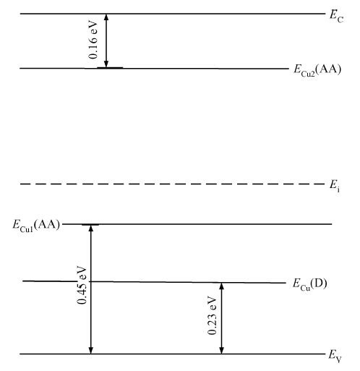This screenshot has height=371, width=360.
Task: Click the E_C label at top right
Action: tap(336, 17)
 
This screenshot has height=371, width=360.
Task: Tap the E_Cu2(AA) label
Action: tap(317, 70)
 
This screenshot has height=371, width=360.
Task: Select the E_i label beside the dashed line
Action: tap(335, 186)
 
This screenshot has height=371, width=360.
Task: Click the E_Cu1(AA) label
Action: tap(36, 226)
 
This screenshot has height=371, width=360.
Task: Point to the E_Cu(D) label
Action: tap(310, 284)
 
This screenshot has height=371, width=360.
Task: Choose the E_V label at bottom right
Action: tap(335, 357)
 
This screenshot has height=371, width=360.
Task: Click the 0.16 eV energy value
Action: tap(93, 40)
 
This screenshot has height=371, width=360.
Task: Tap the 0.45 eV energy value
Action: tap(82, 285)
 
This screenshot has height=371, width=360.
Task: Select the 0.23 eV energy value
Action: tap(212, 316)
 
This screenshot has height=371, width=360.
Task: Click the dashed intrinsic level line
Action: tap(173, 184)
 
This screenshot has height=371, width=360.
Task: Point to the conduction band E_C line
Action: tap(173, 14)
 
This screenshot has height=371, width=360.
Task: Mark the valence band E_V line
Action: tap(173, 354)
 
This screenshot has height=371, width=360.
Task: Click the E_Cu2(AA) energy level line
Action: tap(154, 69)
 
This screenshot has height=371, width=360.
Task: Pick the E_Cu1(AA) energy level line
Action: tap(197, 224)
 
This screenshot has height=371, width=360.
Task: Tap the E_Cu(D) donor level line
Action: tap(154, 282)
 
